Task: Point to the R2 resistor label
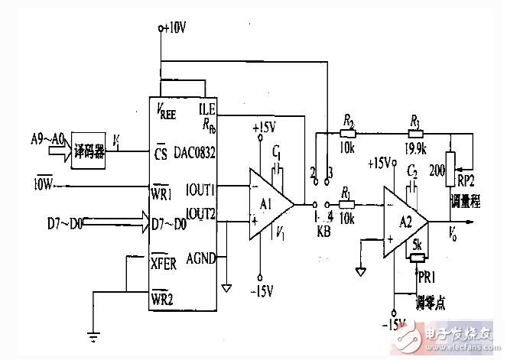coord(349,120)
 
